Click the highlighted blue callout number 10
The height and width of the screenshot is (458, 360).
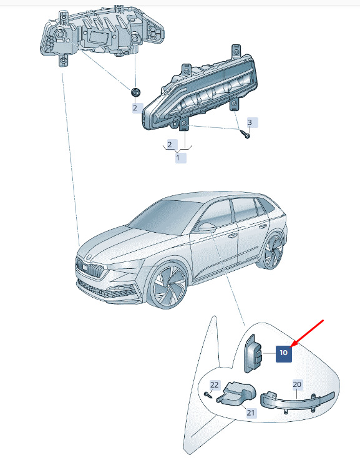[x=284, y=353]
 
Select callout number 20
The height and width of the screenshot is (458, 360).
[x=297, y=384]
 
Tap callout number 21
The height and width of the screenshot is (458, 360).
[x=251, y=412]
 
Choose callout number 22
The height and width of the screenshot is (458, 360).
[x=214, y=385]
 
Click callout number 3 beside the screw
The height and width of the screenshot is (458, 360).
[x=250, y=122]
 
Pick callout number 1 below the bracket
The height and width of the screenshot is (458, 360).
[x=178, y=158]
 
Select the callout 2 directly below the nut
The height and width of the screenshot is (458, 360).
[x=135, y=108]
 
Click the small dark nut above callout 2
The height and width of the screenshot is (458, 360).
[x=135, y=92]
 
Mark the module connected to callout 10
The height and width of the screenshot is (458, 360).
[x=253, y=354]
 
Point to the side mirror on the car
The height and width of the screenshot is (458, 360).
[x=207, y=228]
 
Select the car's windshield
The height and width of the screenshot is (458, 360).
[x=164, y=214]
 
